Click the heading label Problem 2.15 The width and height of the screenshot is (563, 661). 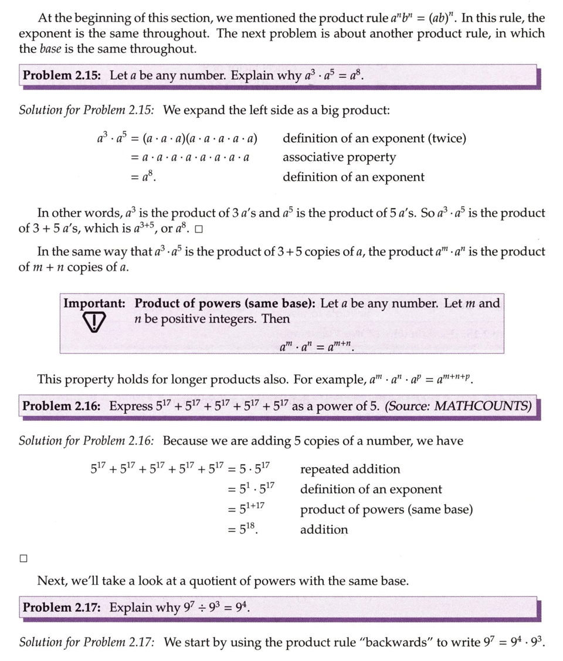point(63,76)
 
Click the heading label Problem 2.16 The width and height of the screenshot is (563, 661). point(63,406)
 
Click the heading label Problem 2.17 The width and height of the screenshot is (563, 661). point(63,608)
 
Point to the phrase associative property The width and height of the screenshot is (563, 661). point(339,158)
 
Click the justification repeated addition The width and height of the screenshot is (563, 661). point(350,469)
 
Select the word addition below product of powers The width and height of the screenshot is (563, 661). point(324,530)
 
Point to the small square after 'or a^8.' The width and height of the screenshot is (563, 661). point(199,229)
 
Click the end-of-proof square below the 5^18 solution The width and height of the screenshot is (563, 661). point(23,558)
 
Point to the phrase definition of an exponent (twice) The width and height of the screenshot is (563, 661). point(374,139)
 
